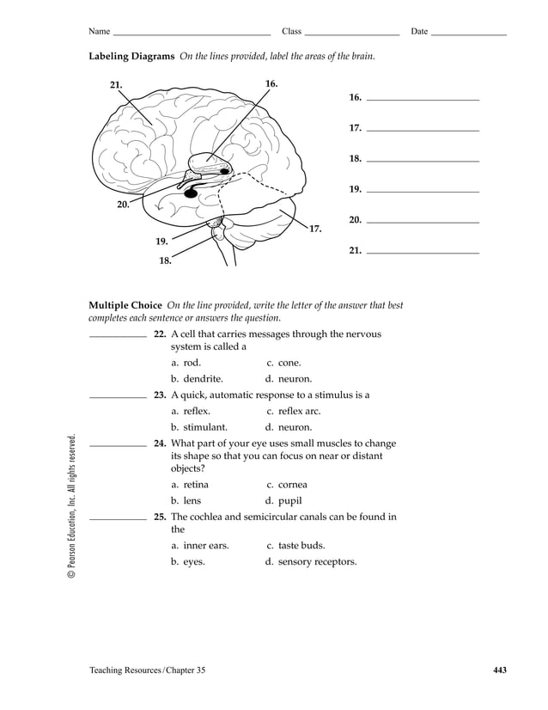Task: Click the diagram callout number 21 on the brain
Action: [x=116, y=85]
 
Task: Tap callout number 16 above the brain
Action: [x=271, y=83]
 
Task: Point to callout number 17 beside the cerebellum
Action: [x=315, y=229]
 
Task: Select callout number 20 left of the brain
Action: [x=123, y=205]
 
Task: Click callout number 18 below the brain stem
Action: [x=165, y=260]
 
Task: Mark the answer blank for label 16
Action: [x=422, y=100]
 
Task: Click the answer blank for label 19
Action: [x=422, y=190]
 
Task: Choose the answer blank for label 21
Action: [x=422, y=253]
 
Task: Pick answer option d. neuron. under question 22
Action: [x=289, y=378]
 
